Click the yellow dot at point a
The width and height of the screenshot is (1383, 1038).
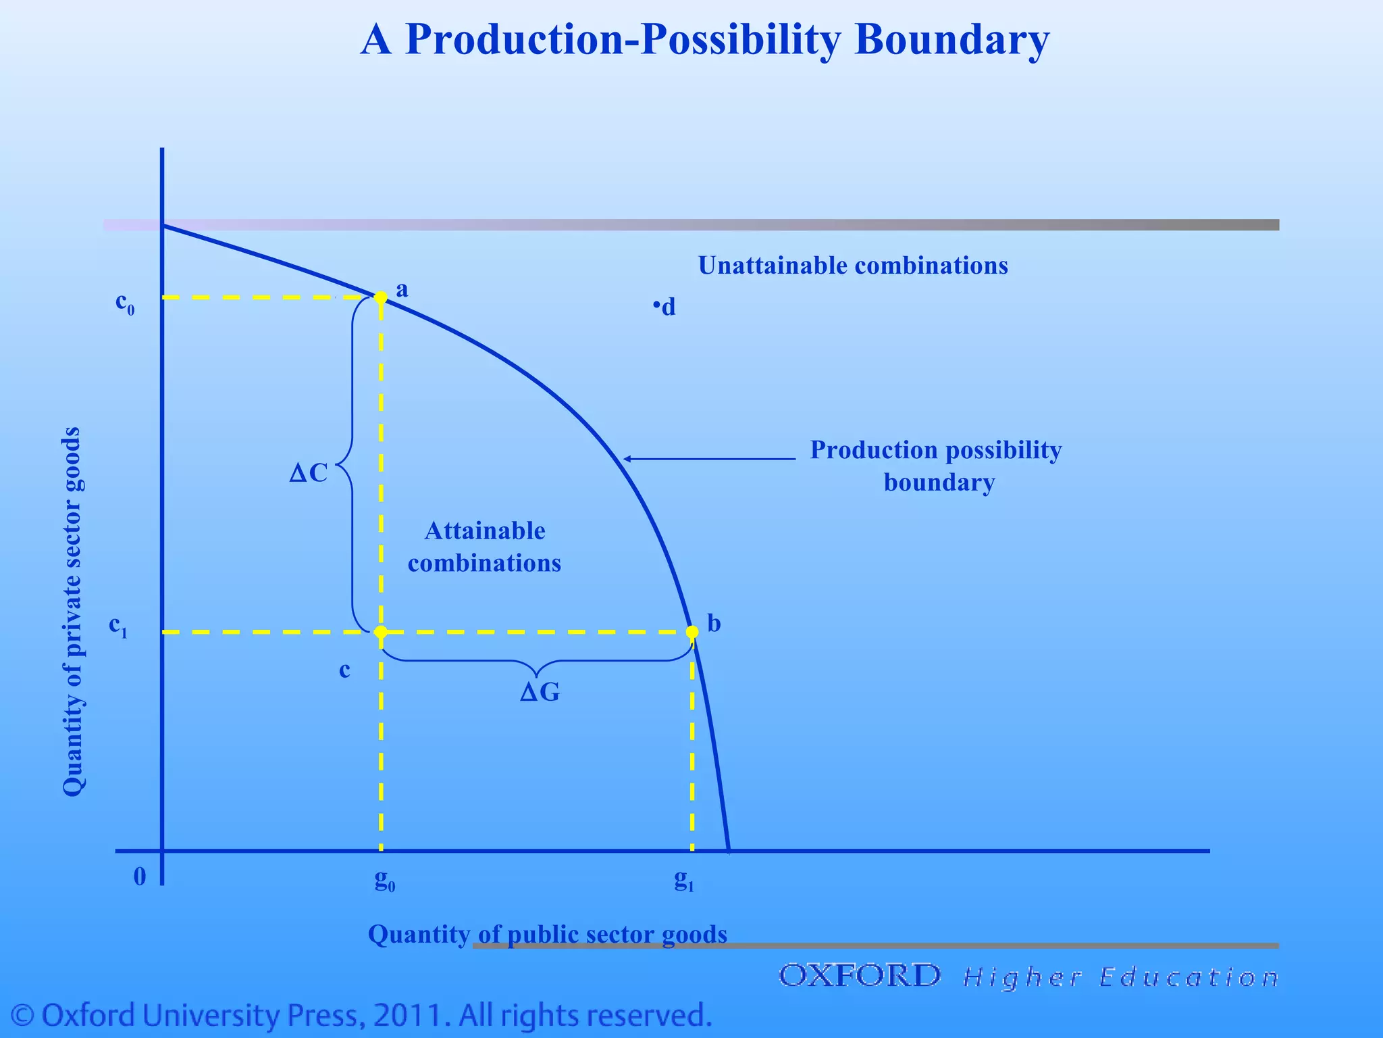(381, 297)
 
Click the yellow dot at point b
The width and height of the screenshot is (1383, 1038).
(692, 632)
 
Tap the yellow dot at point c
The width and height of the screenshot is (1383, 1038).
(381, 632)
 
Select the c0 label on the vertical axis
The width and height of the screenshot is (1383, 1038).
(125, 303)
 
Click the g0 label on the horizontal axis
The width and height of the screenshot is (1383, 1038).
(385, 879)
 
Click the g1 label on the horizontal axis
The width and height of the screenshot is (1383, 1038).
(684, 879)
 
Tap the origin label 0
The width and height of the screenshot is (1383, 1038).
(140, 876)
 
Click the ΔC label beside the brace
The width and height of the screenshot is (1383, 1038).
(309, 473)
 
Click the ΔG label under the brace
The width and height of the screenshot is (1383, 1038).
(540, 692)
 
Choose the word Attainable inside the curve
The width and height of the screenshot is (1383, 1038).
(485, 531)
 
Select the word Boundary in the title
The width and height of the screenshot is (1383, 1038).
(951, 39)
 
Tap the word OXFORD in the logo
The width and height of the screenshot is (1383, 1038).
(860, 976)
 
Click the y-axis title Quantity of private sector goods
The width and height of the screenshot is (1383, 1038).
(72, 612)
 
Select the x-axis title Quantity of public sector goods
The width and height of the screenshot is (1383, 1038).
(547, 934)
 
